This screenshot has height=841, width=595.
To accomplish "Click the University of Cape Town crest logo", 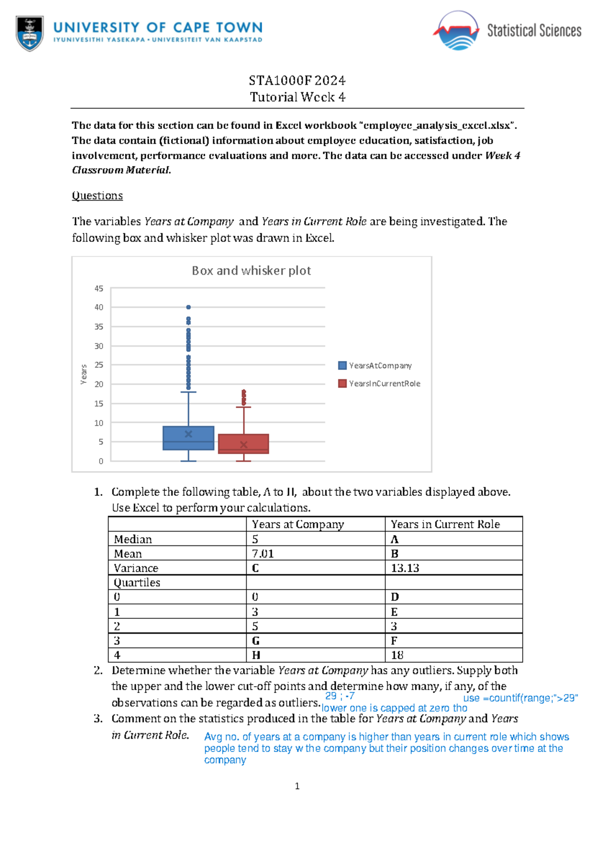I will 30,33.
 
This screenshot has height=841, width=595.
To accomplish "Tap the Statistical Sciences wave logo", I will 457,31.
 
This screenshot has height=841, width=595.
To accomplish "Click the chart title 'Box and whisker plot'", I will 251,271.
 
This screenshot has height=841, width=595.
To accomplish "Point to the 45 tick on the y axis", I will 99,289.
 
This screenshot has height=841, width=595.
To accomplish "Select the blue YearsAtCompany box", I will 188,438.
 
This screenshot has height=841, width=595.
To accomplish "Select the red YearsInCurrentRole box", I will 243,444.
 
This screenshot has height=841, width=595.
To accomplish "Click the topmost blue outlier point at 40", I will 188,307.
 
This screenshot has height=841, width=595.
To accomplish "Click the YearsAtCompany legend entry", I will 375,365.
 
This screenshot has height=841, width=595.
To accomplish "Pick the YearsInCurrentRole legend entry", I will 379,383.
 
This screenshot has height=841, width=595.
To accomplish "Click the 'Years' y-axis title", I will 84,374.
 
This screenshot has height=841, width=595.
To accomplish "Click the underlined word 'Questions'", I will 97,195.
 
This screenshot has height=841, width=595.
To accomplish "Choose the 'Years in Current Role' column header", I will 445,524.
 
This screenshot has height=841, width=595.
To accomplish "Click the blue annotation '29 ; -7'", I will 340,696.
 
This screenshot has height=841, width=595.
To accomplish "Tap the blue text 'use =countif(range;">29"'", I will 520,698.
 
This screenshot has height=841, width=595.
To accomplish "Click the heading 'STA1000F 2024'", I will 297,80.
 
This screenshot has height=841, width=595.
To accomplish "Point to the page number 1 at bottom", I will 297,786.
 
